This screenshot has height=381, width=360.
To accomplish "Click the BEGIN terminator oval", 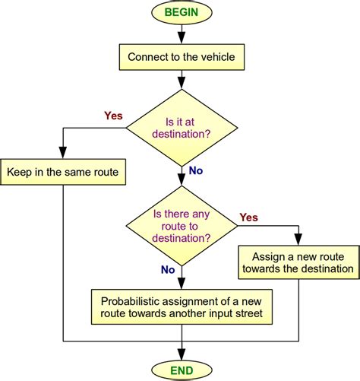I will (x=181, y=12).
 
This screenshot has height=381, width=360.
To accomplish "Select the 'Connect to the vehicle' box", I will (x=181, y=56).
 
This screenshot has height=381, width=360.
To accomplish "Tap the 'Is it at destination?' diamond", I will (x=181, y=126).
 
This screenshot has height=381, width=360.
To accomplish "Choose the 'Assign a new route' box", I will (x=297, y=261).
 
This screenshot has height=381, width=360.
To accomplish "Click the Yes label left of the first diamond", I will (x=112, y=116).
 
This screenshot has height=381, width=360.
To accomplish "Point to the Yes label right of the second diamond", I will (x=248, y=217).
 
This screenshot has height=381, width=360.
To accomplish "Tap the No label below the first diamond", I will (x=196, y=171).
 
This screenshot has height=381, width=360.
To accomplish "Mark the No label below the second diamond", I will (x=169, y=270).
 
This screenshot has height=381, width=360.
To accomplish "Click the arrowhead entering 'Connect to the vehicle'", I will (x=181, y=40).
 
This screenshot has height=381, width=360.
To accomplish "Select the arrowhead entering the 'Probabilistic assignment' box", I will (x=181, y=284).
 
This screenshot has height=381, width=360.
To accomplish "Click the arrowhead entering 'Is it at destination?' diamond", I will (x=181, y=85).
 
